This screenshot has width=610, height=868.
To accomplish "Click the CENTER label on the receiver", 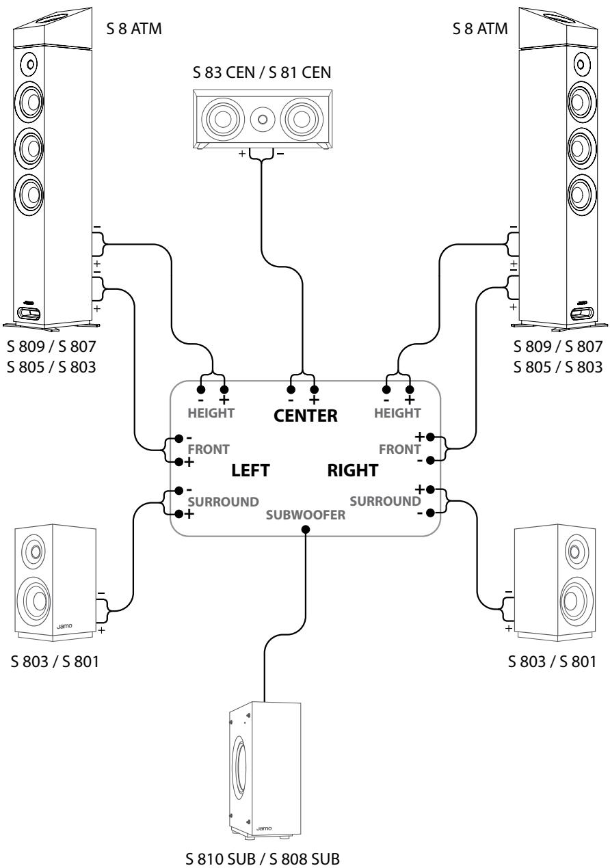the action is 305,416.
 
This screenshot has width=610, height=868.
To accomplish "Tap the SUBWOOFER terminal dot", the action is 306,529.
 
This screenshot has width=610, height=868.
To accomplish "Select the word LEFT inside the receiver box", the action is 250,470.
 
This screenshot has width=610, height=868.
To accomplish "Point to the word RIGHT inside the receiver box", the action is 352,470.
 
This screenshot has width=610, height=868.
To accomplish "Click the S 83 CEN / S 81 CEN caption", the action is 262,72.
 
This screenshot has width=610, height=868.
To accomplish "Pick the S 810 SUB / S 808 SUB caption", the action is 263,858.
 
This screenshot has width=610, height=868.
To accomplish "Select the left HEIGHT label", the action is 211,413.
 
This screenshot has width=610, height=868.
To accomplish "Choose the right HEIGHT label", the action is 397,413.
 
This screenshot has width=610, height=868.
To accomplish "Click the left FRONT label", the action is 209,450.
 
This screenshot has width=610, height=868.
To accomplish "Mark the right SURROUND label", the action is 385,501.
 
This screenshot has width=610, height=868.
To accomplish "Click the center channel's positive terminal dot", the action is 315,390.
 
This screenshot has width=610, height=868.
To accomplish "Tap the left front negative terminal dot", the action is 178,439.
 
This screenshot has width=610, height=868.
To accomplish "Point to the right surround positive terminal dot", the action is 430,490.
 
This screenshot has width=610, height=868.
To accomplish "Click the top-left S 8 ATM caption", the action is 134,29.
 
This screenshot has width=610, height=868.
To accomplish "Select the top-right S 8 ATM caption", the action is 480,29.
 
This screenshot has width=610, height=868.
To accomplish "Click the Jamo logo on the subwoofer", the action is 264,828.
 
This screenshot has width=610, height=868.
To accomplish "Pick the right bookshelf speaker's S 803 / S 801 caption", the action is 552,662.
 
